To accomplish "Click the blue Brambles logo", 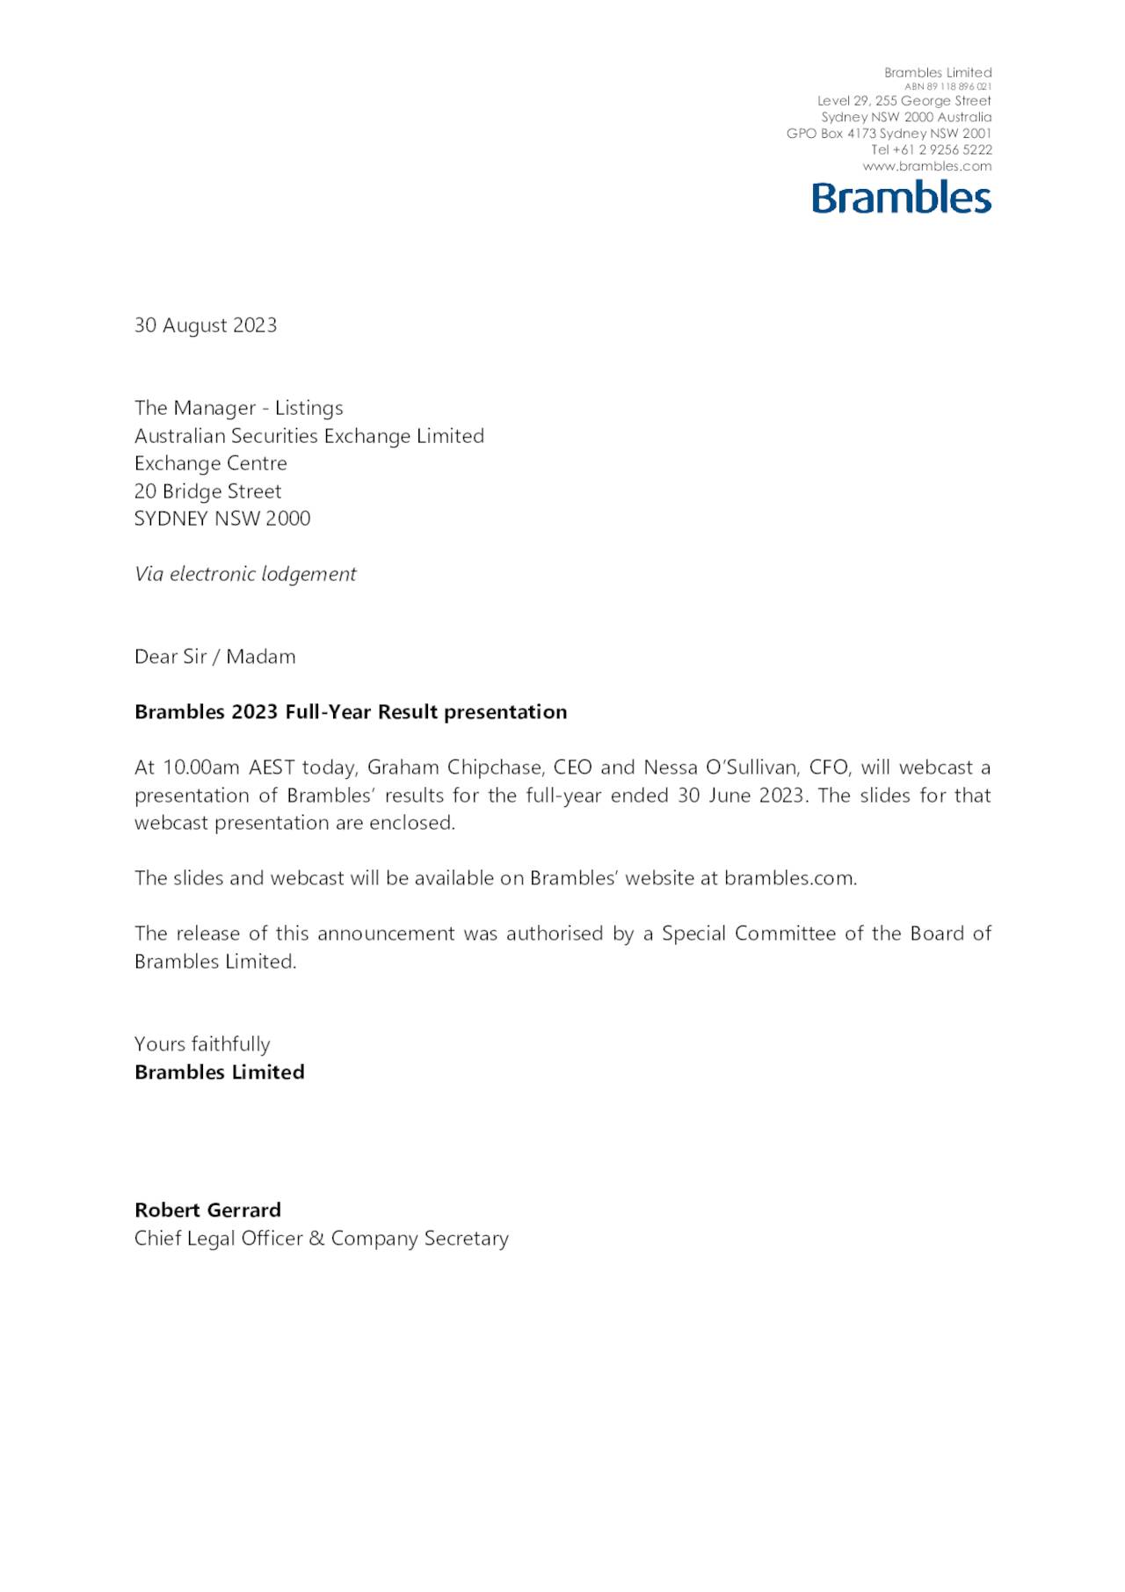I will (x=901, y=198).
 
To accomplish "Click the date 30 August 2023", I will (x=206, y=325).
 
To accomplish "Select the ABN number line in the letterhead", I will (x=947, y=87).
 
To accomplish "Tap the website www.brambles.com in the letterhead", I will (x=926, y=166).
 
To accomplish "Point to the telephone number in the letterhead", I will (x=931, y=150).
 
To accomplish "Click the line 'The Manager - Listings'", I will (x=238, y=408).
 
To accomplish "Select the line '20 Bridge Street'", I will (x=207, y=491).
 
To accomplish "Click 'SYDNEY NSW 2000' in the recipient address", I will (x=222, y=519).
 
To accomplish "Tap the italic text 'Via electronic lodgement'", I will (x=245, y=574).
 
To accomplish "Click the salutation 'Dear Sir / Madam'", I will (x=214, y=657).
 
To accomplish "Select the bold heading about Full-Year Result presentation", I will (x=351, y=712).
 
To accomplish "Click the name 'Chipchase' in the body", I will (x=495, y=767).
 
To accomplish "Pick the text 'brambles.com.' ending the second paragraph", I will (x=790, y=878).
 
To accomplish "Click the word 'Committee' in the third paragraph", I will (x=785, y=934).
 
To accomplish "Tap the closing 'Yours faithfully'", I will (x=202, y=1044).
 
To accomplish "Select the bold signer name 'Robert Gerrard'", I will (x=207, y=1210).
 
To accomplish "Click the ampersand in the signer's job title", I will (x=316, y=1239).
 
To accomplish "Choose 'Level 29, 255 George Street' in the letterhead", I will (x=904, y=101).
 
